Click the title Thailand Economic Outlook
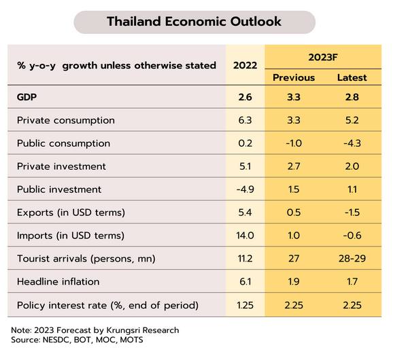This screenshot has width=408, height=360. (x=194, y=21)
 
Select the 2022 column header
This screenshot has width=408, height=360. (x=245, y=65)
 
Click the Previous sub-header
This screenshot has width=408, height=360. (x=294, y=77)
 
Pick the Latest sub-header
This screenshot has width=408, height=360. (x=352, y=77)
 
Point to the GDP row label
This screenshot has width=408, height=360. (x=27, y=97)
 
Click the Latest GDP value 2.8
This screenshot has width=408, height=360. (x=352, y=97)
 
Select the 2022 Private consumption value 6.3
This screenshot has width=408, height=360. (x=245, y=120)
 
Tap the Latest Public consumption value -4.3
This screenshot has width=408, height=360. (x=352, y=143)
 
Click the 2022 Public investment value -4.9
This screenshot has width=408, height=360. (x=245, y=190)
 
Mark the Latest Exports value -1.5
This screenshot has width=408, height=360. (x=352, y=213)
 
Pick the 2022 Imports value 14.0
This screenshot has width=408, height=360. (x=245, y=236)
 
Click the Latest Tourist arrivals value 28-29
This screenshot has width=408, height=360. (x=352, y=259)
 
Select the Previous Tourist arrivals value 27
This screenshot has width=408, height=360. (x=294, y=259)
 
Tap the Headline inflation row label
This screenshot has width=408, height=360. (x=58, y=281)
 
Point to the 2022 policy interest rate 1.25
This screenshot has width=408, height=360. (x=245, y=305)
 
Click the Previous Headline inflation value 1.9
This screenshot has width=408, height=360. (x=294, y=281)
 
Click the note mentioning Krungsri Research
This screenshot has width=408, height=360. (x=95, y=330)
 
